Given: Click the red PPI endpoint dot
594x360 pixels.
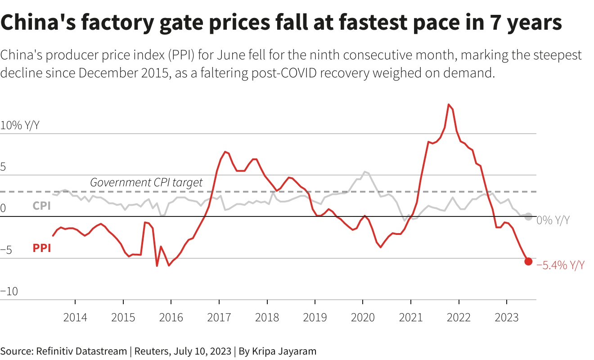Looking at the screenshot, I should coord(528,261).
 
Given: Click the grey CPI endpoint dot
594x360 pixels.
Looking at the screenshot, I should coord(528,216).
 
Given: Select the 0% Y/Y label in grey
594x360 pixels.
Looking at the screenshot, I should coord(553,220).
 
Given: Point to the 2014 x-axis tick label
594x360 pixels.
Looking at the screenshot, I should coord(75,317).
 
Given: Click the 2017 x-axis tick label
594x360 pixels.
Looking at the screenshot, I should coord(219,317).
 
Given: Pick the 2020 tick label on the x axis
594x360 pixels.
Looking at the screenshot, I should coord(363,317).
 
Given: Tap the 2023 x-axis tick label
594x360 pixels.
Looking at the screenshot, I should coord(506,317).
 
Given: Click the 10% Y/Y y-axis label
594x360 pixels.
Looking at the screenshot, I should coord(20,126).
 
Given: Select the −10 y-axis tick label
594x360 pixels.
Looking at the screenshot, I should coord(9,292).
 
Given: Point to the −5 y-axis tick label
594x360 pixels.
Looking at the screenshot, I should coord(6,250).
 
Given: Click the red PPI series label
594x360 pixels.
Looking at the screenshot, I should coord(42,248).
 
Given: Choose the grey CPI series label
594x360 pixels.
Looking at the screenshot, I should coord(41,206).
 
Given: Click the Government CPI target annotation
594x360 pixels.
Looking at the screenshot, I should coord(146,182).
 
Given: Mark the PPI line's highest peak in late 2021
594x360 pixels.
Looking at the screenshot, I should coord(449,104).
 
